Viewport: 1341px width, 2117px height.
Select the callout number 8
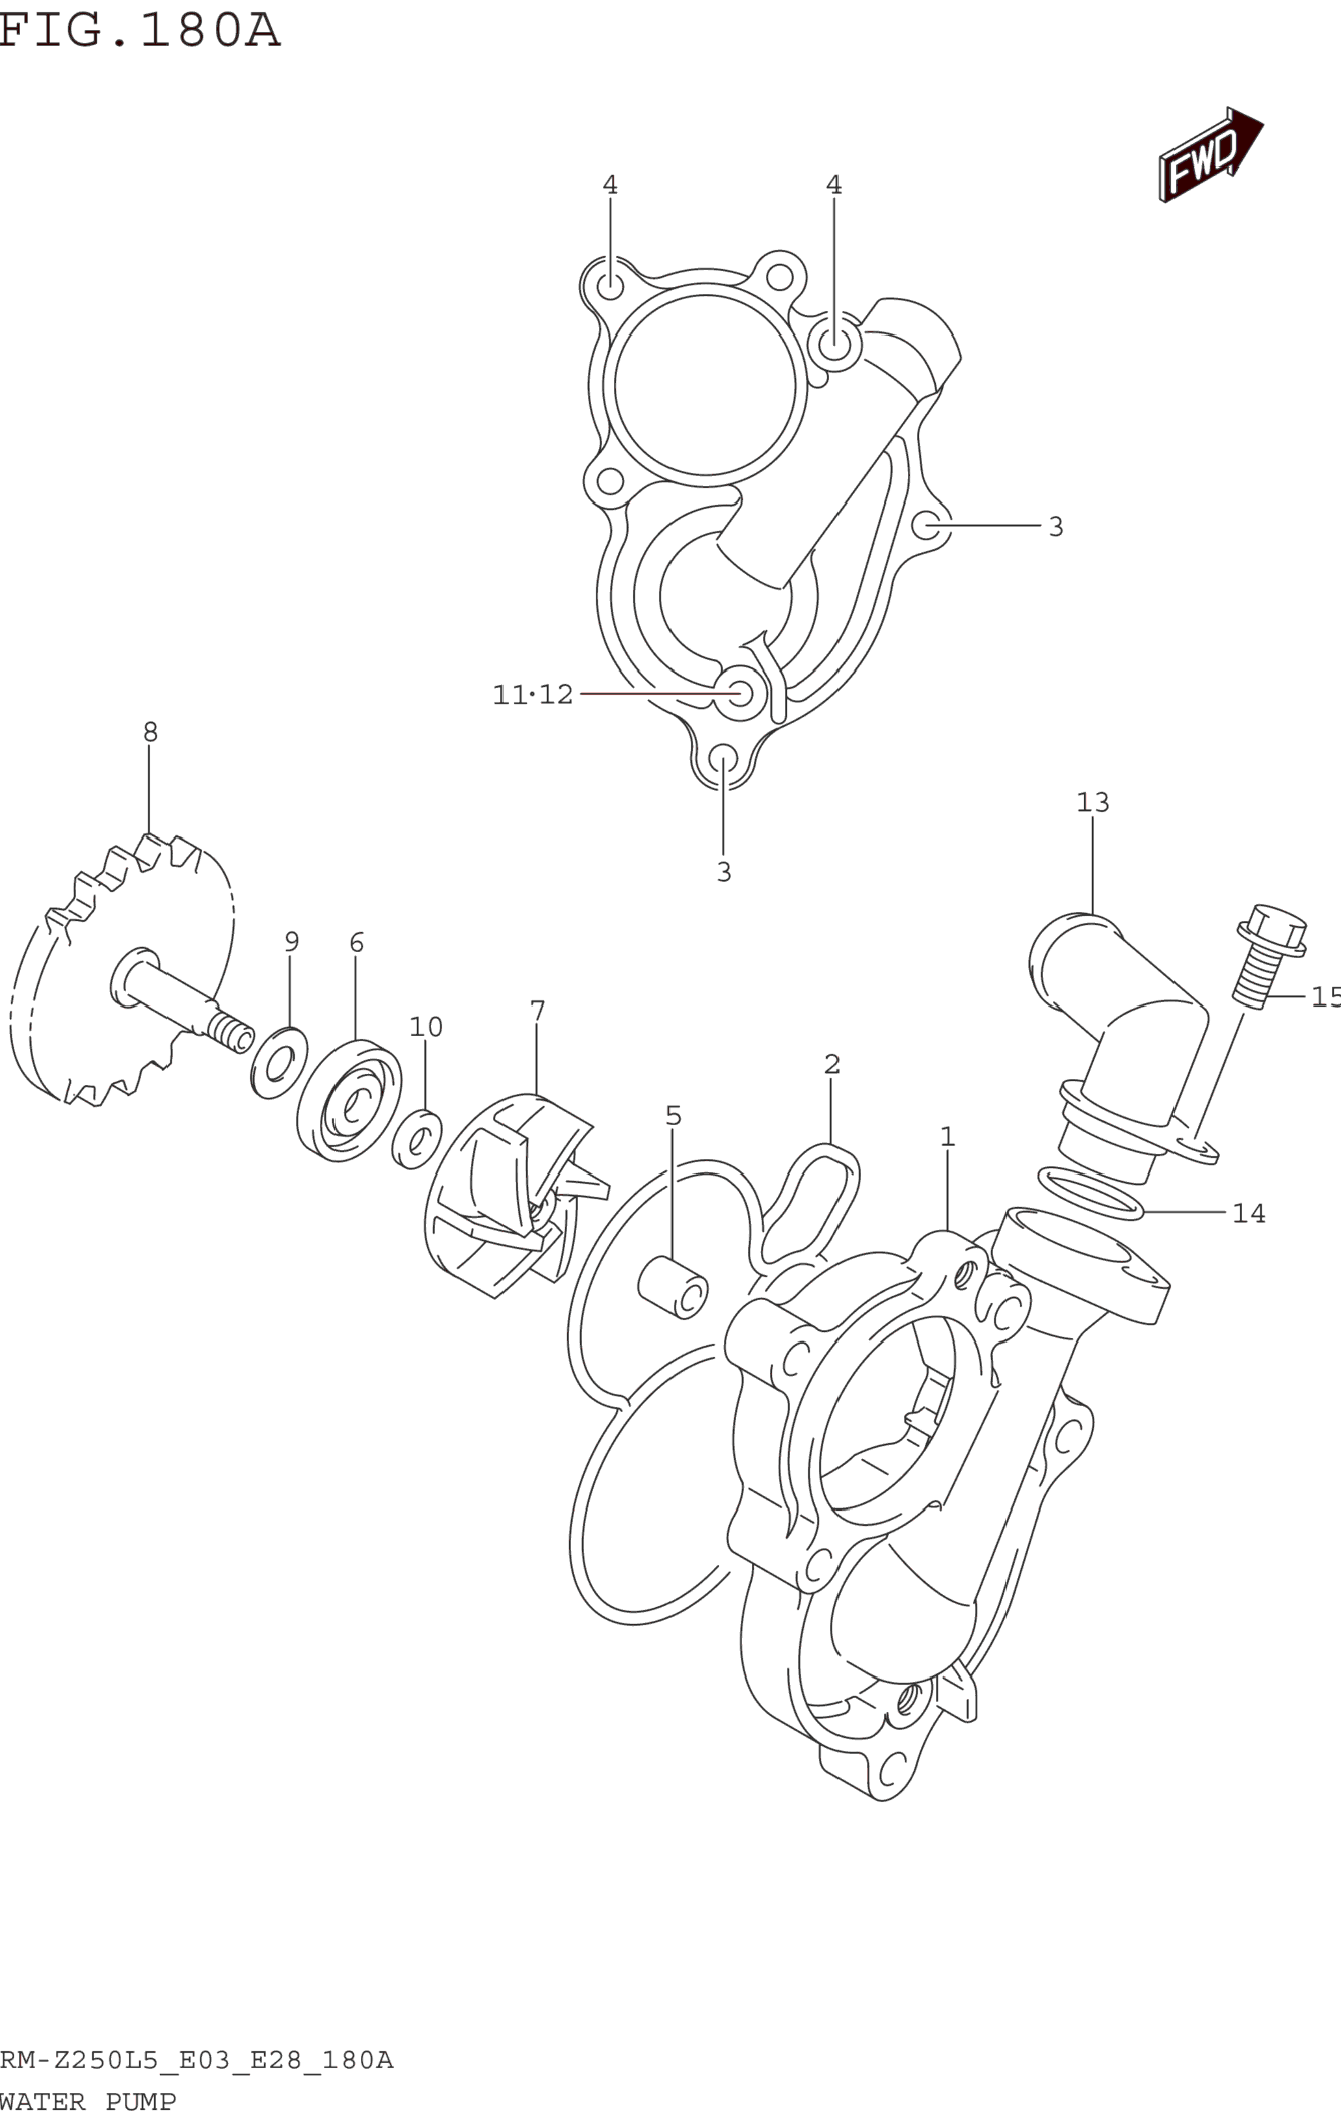[150, 732]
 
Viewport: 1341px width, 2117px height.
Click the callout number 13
[1093, 802]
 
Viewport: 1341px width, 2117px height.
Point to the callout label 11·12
[533, 695]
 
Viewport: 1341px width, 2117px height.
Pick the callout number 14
[1249, 1213]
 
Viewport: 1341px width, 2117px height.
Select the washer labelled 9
[280, 1063]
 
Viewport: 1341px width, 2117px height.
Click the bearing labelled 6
[349, 1100]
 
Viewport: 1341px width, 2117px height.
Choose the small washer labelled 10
[417, 1139]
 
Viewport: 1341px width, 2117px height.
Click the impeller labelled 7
[510, 1195]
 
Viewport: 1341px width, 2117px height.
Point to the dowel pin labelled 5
[672, 1287]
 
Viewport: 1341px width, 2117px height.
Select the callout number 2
[832, 1065]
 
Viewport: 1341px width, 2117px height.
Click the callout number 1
[947, 1137]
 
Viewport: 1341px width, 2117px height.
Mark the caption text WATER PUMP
[88, 2102]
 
